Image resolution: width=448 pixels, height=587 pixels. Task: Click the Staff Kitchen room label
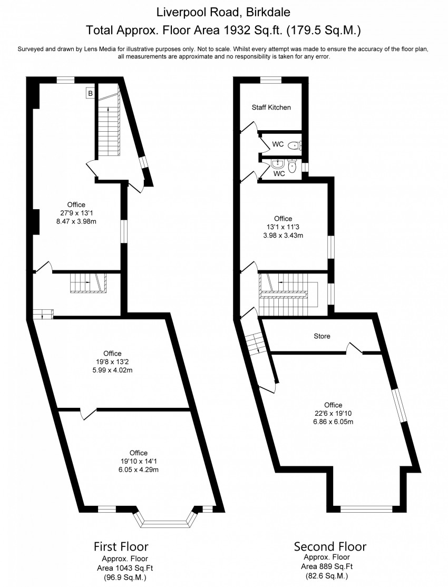271,107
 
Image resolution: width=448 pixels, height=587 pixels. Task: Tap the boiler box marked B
90,94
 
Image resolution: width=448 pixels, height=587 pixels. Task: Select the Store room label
322,336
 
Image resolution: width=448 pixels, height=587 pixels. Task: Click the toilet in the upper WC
294,145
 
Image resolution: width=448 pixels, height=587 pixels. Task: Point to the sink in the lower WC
278,163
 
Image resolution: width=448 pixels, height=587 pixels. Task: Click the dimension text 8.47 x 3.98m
76,222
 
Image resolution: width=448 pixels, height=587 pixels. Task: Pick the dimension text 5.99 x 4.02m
109,370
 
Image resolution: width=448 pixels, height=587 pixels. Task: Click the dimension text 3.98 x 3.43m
283,236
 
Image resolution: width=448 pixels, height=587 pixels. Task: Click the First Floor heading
121,545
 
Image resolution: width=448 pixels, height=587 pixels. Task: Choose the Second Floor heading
330,545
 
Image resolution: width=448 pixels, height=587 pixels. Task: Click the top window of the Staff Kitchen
271,80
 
